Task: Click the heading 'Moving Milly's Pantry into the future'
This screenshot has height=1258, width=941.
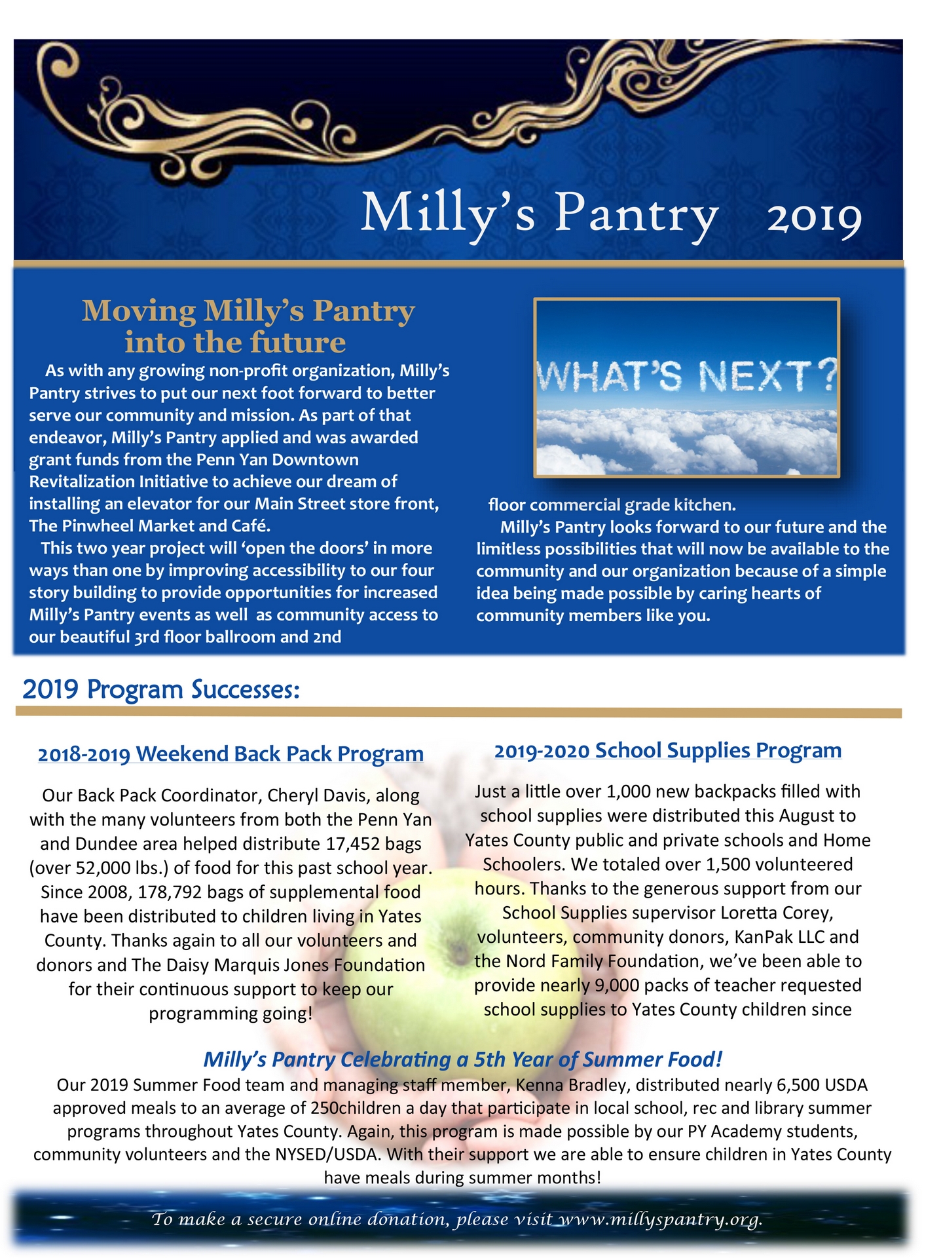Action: [248, 326]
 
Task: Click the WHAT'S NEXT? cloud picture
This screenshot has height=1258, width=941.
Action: [686, 388]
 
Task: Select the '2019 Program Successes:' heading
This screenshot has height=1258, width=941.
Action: [161, 689]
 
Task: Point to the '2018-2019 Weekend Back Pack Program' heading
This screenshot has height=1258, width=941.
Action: [231, 754]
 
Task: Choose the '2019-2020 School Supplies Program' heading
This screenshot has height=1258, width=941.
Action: [667, 750]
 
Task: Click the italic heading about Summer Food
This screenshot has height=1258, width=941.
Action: [462, 1059]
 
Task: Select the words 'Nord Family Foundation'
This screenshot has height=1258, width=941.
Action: [600, 961]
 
